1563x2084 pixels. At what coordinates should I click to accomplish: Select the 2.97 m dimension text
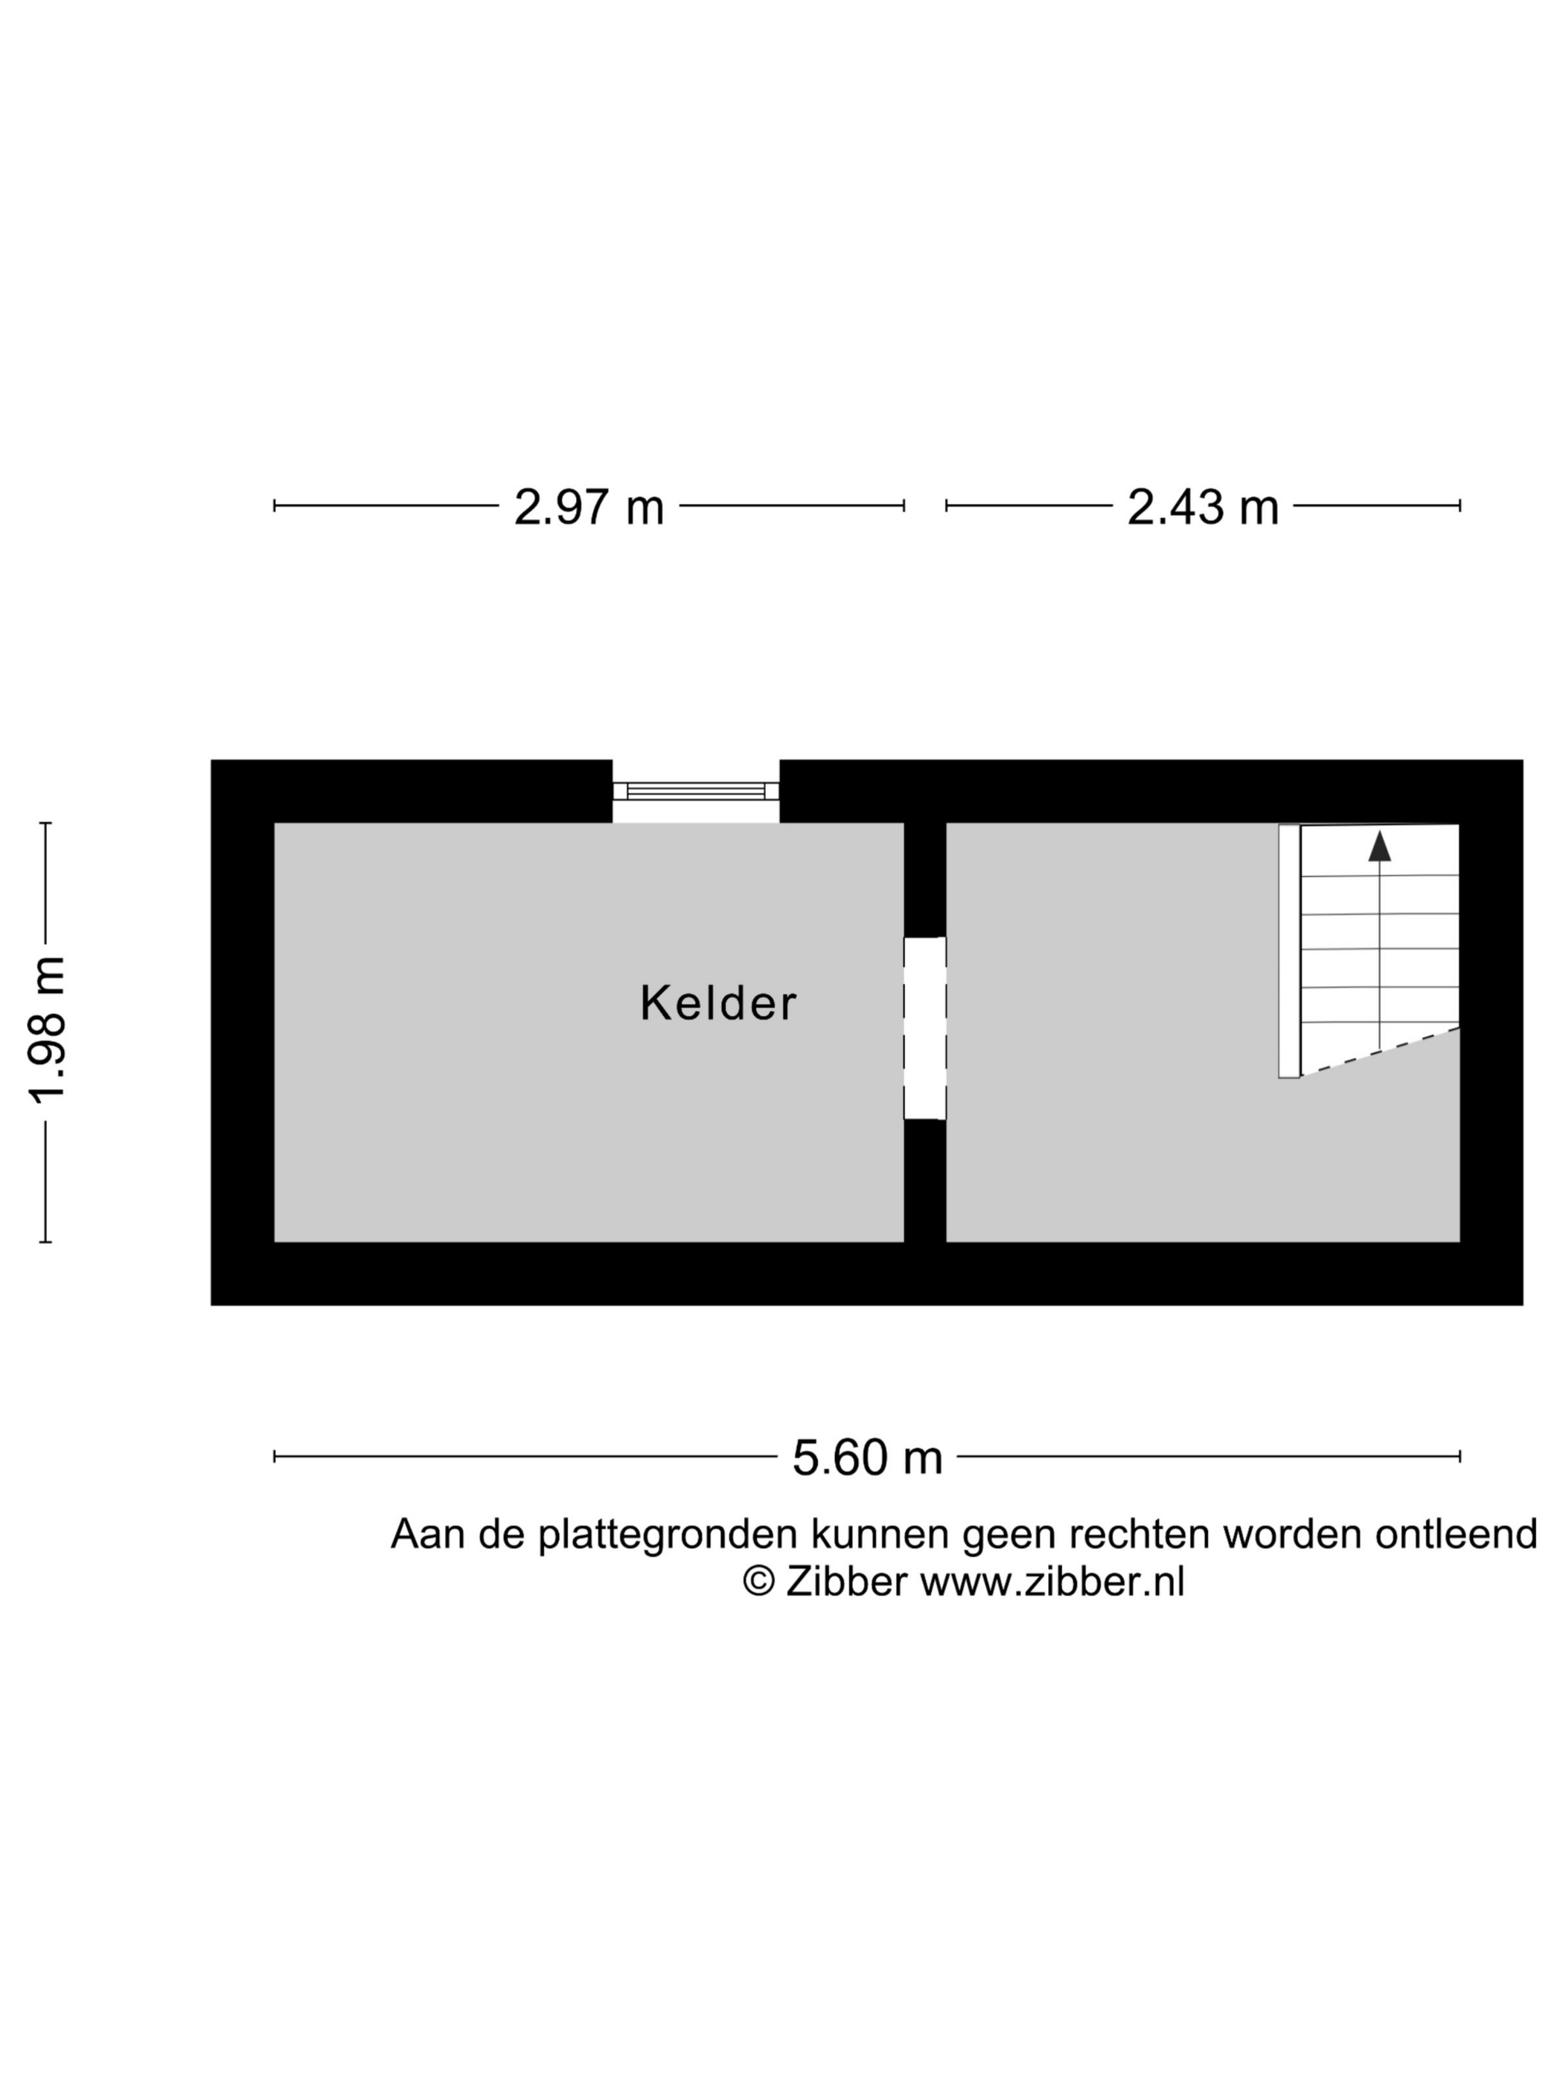click(x=589, y=507)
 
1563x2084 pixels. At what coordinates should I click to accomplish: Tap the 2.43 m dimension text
click(x=1203, y=507)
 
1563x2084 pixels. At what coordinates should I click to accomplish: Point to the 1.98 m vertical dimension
click(x=46, y=1031)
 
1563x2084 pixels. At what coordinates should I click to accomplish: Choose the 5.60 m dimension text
click(x=867, y=1457)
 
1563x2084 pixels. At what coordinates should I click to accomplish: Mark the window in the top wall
click(x=696, y=790)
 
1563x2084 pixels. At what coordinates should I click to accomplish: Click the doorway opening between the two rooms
click(x=924, y=1028)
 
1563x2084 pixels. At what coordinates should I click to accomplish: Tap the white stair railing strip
click(x=1289, y=950)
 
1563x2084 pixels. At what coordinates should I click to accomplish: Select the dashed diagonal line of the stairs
click(x=1380, y=1052)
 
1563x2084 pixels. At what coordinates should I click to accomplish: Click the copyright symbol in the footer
click(x=758, y=1582)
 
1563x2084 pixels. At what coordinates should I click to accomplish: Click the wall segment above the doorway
click(x=924, y=880)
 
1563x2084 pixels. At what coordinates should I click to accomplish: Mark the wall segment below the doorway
click(x=924, y=1181)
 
